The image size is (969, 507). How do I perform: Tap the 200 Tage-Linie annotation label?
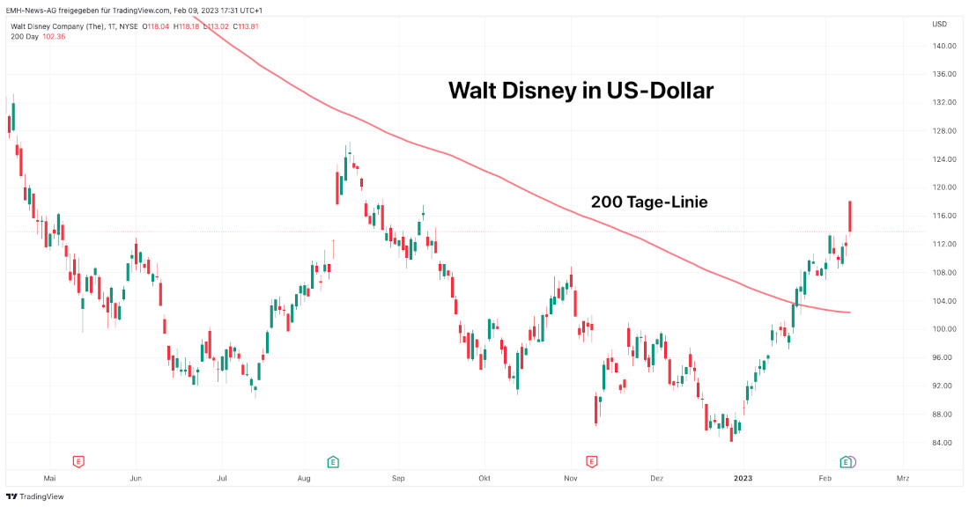pos(648,202)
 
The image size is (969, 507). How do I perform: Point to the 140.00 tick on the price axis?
pos(944,46)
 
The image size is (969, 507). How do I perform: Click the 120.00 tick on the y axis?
pos(944,187)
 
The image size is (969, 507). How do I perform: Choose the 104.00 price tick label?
pos(944,301)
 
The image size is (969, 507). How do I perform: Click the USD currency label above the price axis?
pos(939,24)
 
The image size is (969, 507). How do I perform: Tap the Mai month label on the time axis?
pos(49,478)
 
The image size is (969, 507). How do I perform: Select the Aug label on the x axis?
pos(304,478)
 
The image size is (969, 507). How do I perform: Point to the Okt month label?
pos(483,478)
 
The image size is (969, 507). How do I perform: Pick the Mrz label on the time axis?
pos(902,478)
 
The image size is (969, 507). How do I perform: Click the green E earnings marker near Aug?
pos(333,461)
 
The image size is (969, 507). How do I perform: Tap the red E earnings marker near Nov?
pos(591,461)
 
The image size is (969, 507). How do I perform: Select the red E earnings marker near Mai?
pos(78,461)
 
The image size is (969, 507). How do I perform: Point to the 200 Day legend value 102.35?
pos(55,37)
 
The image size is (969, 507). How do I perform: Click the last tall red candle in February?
pos(850,217)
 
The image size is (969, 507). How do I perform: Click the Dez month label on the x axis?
pos(655,478)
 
